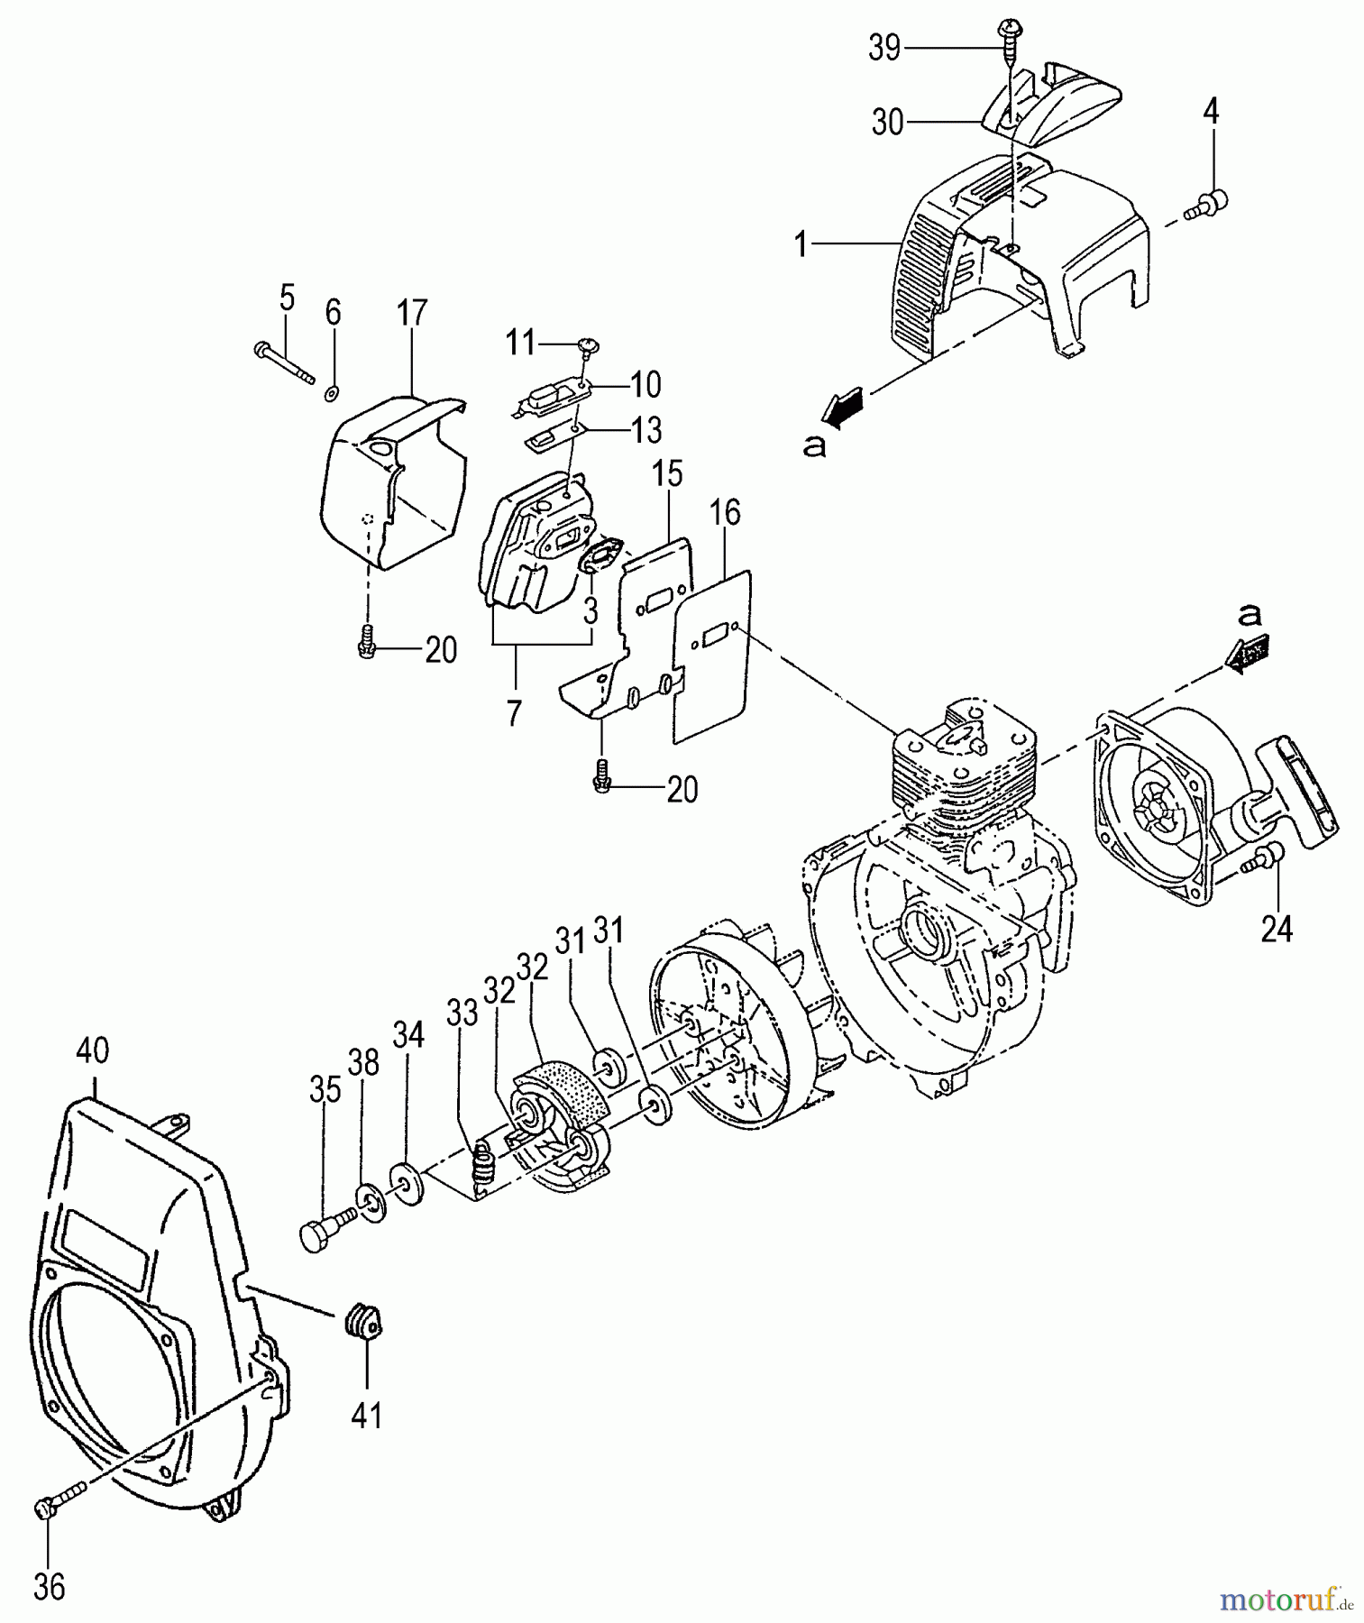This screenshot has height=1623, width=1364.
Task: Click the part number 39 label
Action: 884,48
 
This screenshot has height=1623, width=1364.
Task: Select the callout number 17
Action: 411,314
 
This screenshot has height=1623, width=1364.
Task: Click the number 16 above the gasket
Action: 725,513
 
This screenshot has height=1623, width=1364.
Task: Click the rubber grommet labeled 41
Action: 363,1323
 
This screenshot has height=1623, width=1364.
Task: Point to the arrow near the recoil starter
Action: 1247,652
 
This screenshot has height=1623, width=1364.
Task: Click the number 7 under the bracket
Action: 514,712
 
